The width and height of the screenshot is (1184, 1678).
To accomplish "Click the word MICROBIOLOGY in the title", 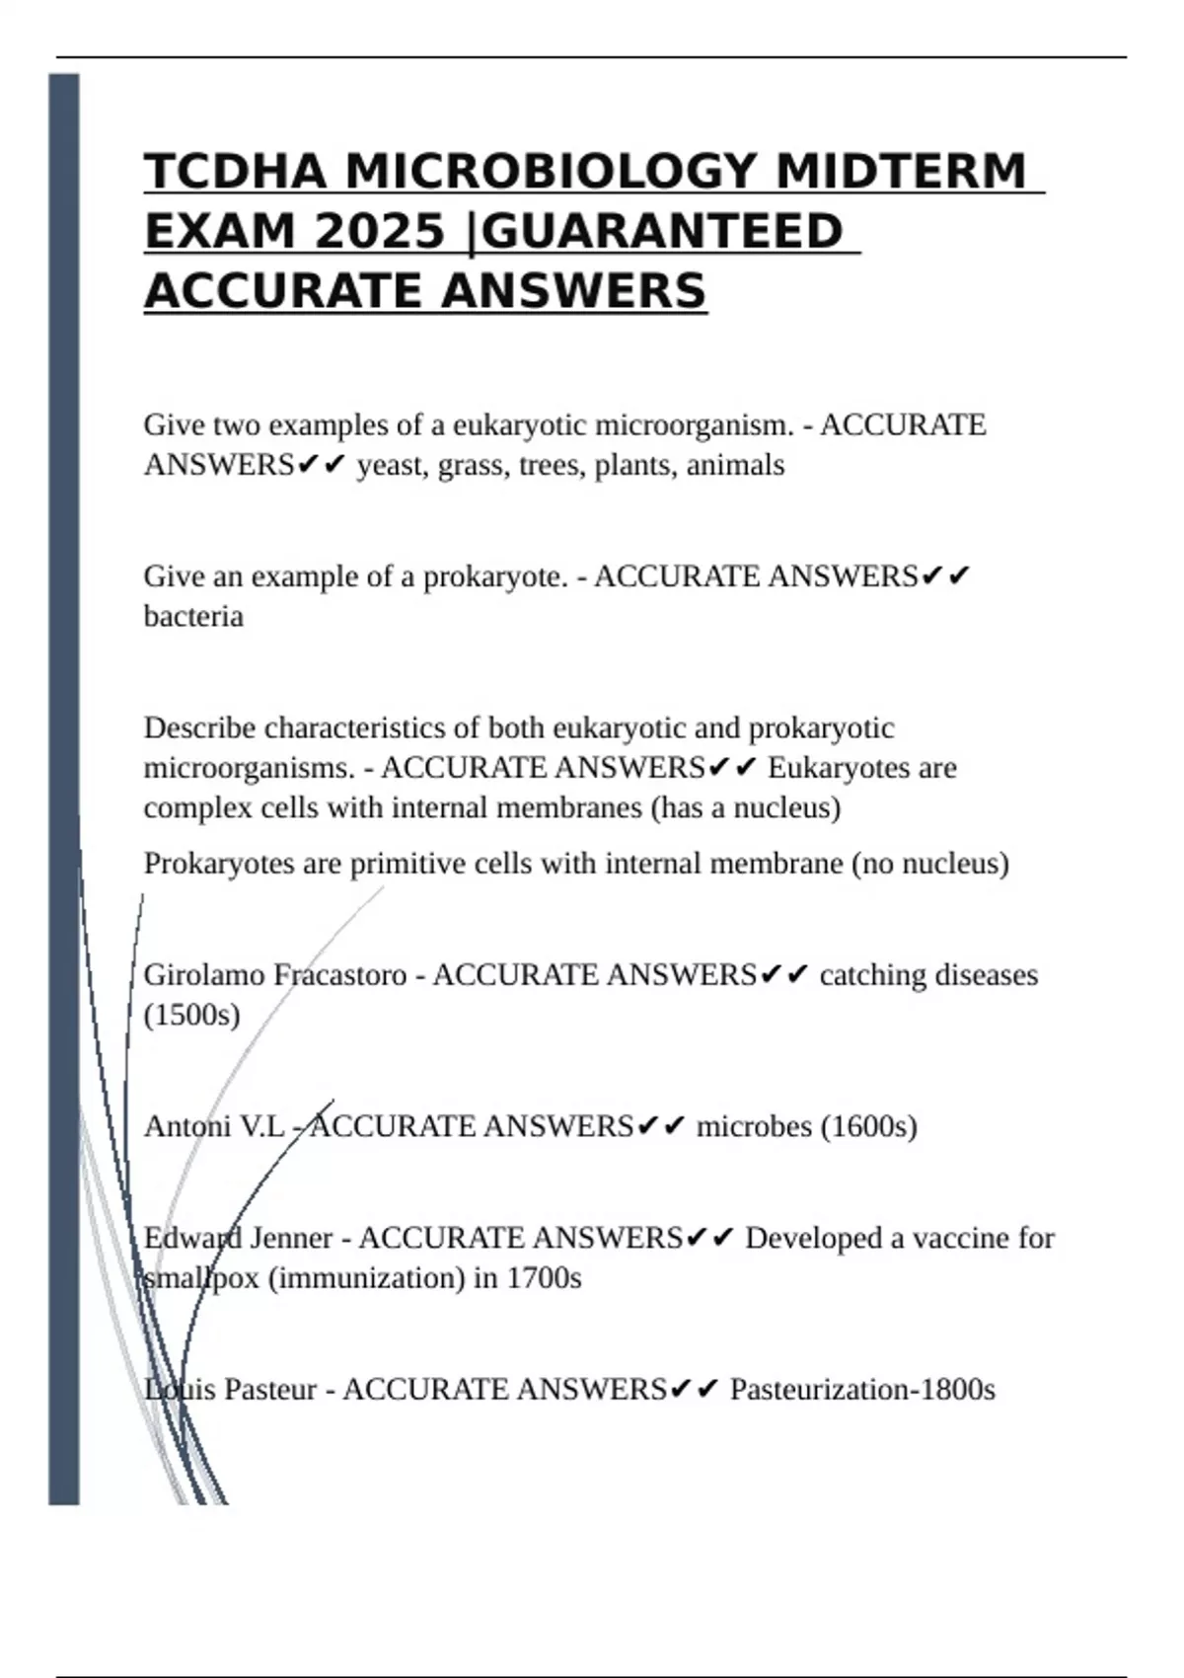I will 546,172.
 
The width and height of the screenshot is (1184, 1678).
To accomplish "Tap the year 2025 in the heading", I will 380,232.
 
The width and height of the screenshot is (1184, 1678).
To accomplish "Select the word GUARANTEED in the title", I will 665,232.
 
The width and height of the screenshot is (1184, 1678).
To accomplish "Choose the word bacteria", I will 193,617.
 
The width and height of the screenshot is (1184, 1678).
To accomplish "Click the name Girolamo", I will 204,975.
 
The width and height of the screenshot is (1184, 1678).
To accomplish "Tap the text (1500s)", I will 192,1016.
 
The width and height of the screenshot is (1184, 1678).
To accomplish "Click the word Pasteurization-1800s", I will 862,1390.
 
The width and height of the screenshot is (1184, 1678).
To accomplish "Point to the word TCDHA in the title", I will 236,172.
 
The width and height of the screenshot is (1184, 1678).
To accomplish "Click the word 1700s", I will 544,1278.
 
